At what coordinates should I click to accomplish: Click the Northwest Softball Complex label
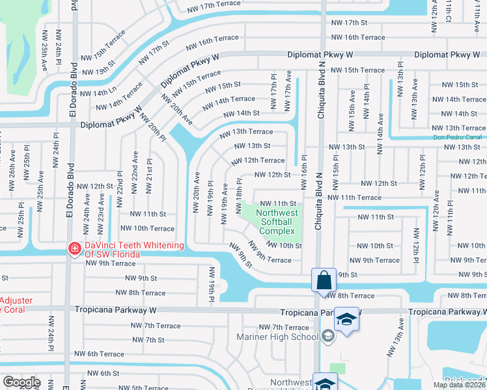click(x=277, y=222)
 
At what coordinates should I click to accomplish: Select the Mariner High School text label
click(x=286, y=337)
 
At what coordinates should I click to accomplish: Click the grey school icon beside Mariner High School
click(x=328, y=336)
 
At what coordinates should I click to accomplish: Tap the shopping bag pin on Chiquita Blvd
click(x=324, y=281)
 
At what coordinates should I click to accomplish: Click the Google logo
click(x=21, y=382)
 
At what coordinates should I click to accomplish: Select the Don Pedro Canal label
click(x=459, y=137)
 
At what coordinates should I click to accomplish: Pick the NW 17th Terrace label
click(x=214, y=6)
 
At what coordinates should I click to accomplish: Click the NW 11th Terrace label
click(x=354, y=197)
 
